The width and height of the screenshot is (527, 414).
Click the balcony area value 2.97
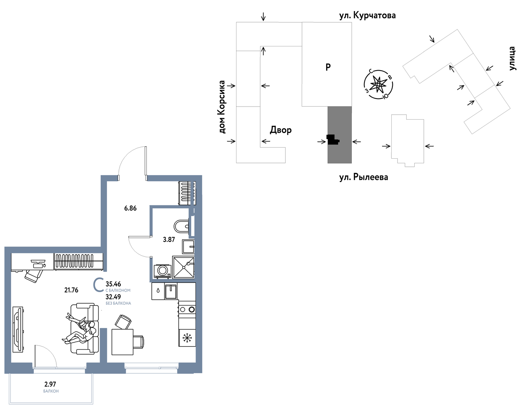pos(50,384)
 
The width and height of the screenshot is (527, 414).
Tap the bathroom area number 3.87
pos(169,240)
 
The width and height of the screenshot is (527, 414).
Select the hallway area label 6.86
pos(130,208)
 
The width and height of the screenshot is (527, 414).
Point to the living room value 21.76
pos(71,290)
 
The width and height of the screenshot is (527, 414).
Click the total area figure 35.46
pos(113,284)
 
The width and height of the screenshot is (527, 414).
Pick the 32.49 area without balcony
pos(113,297)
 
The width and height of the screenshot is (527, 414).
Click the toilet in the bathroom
pos(181,226)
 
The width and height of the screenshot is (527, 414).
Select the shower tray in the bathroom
pos(184,267)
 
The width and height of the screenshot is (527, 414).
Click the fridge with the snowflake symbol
pos(187,338)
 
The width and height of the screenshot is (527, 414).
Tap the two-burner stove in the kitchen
pos(187,309)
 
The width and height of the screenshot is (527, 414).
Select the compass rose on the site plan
pos(378,84)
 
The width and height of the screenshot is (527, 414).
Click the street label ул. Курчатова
pos(368,15)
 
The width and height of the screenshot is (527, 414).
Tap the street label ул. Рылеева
pos(364,177)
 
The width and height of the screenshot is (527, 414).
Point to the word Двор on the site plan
pos(281,130)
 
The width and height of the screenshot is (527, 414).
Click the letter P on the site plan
pos(328,67)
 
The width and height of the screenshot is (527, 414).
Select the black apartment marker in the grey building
pos(333,140)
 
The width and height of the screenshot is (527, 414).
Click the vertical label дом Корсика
pos(222,107)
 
